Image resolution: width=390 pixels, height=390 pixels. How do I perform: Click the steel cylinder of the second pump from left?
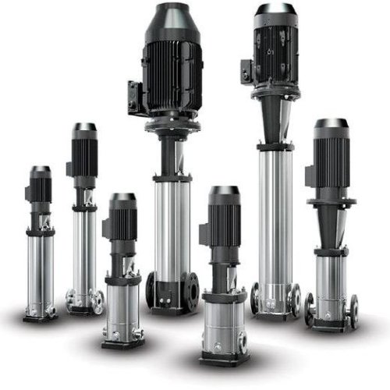tap(84, 249)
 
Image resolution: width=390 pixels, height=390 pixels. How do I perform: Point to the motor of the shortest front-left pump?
tap(122, 220)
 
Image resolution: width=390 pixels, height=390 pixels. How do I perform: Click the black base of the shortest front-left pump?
tap(122, 342)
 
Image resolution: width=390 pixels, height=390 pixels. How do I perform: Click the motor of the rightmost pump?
tap(331, 160)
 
